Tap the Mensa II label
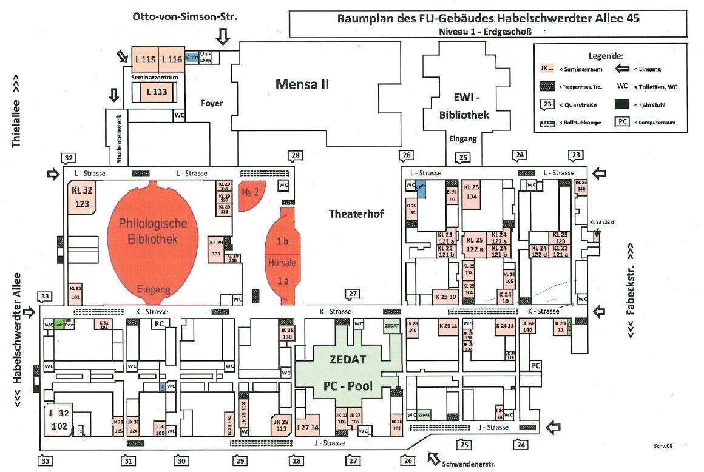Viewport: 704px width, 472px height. click(302, 84)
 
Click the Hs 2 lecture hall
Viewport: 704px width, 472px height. click(247, 192)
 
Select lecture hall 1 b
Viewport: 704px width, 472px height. click(282, 241)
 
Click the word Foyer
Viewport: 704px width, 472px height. click(212, 103)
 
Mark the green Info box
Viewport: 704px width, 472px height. click(59, 325)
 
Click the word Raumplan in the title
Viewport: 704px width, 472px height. click(362, 18)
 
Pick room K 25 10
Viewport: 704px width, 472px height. click(446, 297)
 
